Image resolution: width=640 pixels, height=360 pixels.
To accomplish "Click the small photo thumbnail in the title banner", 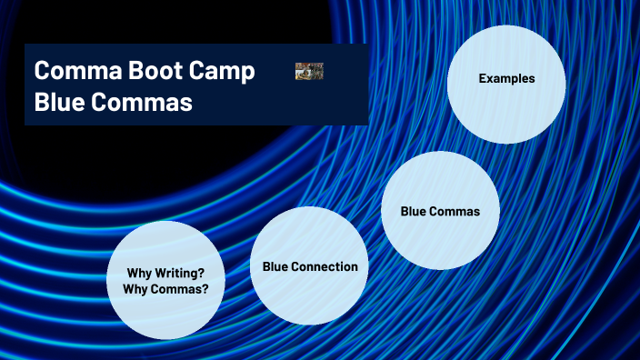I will pos(309,71).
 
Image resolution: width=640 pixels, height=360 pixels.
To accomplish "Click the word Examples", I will pos(506,79).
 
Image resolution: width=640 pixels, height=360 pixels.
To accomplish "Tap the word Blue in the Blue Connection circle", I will pos(276,267).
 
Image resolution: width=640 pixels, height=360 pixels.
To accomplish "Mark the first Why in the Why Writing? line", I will pos(139,273).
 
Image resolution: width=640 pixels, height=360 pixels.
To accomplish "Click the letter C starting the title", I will pos(42,72).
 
